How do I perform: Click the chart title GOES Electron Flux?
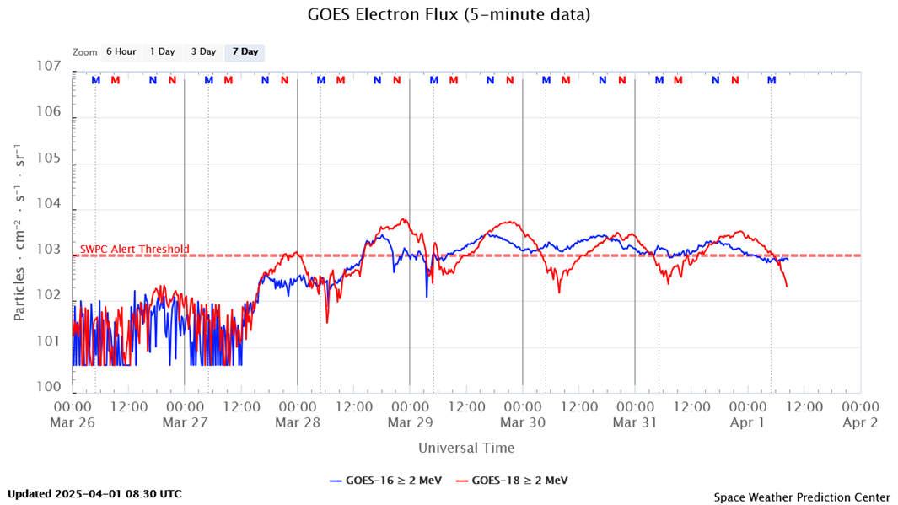pos(449,14)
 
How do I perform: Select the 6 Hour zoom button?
pos(121,52)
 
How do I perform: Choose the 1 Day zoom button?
pos(163,52)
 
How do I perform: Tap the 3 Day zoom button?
pos(203,52)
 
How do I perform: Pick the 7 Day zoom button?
pos(245,52)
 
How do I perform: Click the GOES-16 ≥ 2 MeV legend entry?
pos(386,481)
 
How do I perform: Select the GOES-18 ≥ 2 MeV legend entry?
pos(512,481)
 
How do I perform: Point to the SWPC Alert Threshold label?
pos(135,250)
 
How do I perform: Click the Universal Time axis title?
pos(466,449)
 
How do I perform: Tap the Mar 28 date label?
pos(297,423)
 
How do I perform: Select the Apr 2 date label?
pos(860,423)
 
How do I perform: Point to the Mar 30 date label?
pos(522,423)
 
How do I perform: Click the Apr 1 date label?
pos(747,423)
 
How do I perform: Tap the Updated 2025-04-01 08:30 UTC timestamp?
pos(94,494)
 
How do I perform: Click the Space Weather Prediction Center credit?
pos(801,497)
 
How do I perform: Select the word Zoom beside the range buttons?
pos(85,52)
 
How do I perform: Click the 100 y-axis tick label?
pos(49,388)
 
